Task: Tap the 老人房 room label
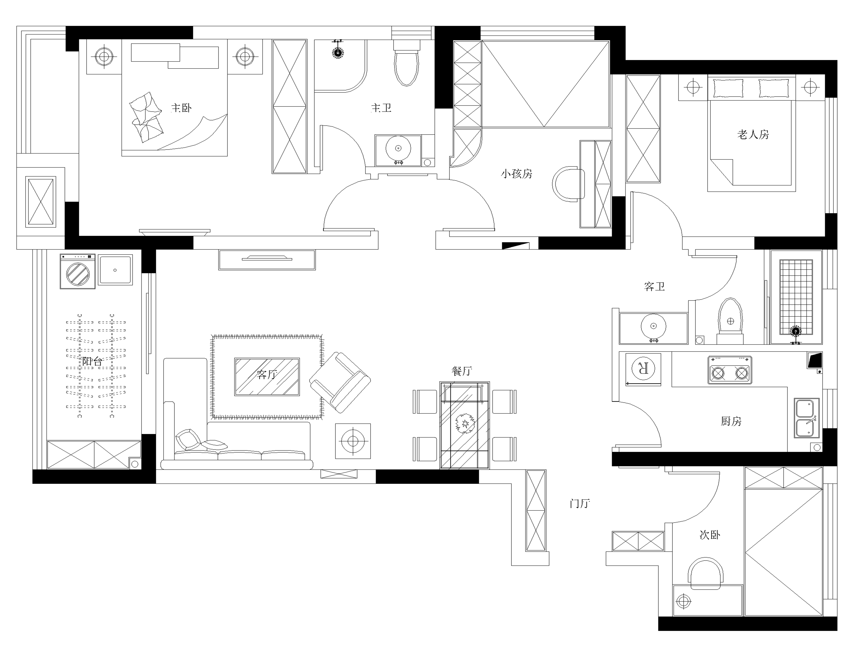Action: tap(753, 135)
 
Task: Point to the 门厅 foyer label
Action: tap(579, 504)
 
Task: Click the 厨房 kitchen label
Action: tap(731, 421)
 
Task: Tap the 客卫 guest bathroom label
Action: tap(654, 287)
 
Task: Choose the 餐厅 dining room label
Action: tap(462, 371)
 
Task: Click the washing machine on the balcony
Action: tap(78, 272)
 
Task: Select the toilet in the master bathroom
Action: tap(406, 66)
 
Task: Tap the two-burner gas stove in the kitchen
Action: tap(730, 370)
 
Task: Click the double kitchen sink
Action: tap(807, 418)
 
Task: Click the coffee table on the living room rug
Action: tap(267, 377)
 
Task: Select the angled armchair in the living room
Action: tap(340, 382)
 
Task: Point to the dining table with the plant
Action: tap(464, 425)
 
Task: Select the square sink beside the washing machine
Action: tap(115, 270)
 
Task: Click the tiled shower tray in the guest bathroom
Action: tap(796, 296)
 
